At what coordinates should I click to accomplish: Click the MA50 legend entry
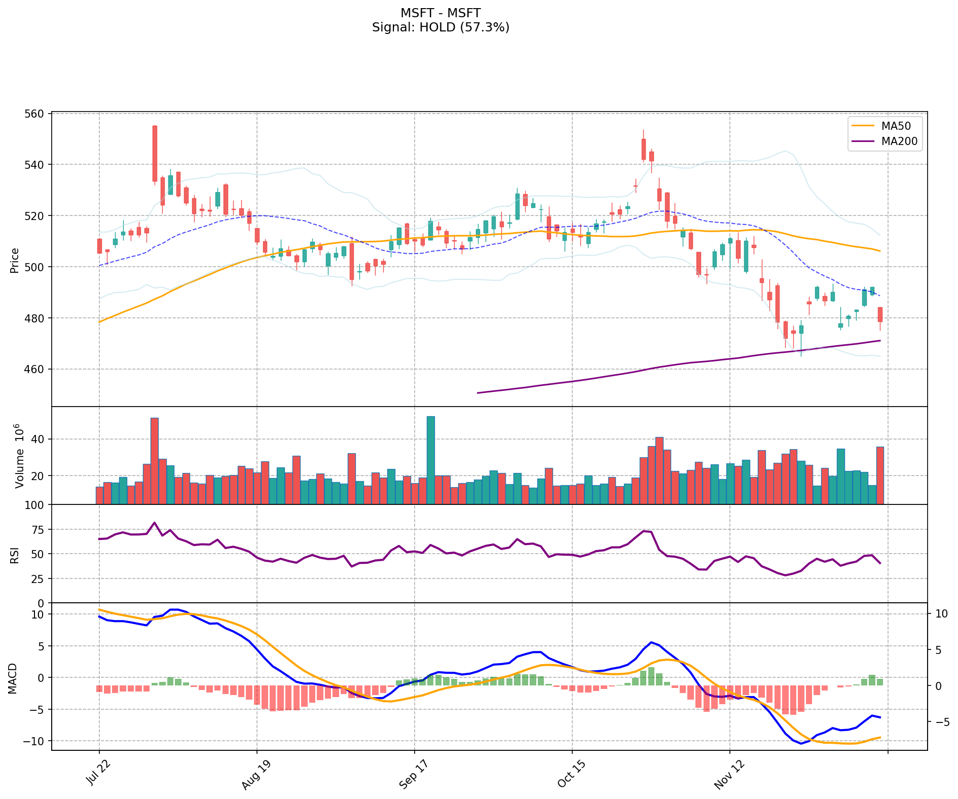point(892,126)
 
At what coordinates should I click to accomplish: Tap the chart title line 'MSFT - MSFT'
point(440,13)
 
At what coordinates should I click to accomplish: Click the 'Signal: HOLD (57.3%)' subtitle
point(440,27)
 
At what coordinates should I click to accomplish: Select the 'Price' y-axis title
point(15,261)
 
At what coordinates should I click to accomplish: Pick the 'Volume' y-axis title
point(19,456)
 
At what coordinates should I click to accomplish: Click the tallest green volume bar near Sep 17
point(431,460)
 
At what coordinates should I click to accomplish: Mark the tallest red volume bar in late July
point(155,461)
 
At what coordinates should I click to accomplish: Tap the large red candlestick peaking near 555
point(155,154)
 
